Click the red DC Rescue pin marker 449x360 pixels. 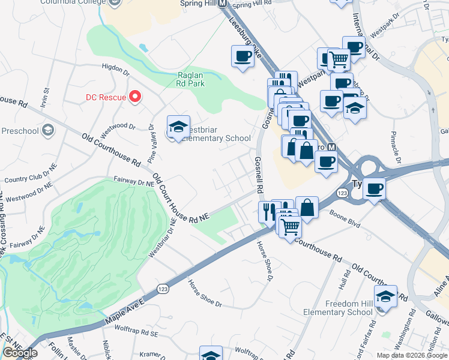pyautogui.click(x=136, y=97)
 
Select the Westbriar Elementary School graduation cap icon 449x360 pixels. pyautogui.click(x=178, y=127)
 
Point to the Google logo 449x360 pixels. pyautogui.click(x=20, y=353)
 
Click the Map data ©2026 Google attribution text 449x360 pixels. pyautogui.click(x=412, y=355)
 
